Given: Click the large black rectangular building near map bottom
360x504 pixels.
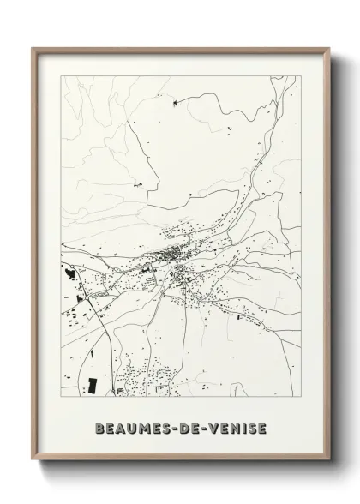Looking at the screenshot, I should pos(93,385).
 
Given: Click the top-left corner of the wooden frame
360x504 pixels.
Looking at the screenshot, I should pos(33,48).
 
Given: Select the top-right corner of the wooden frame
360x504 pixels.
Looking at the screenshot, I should pos(327,48).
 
